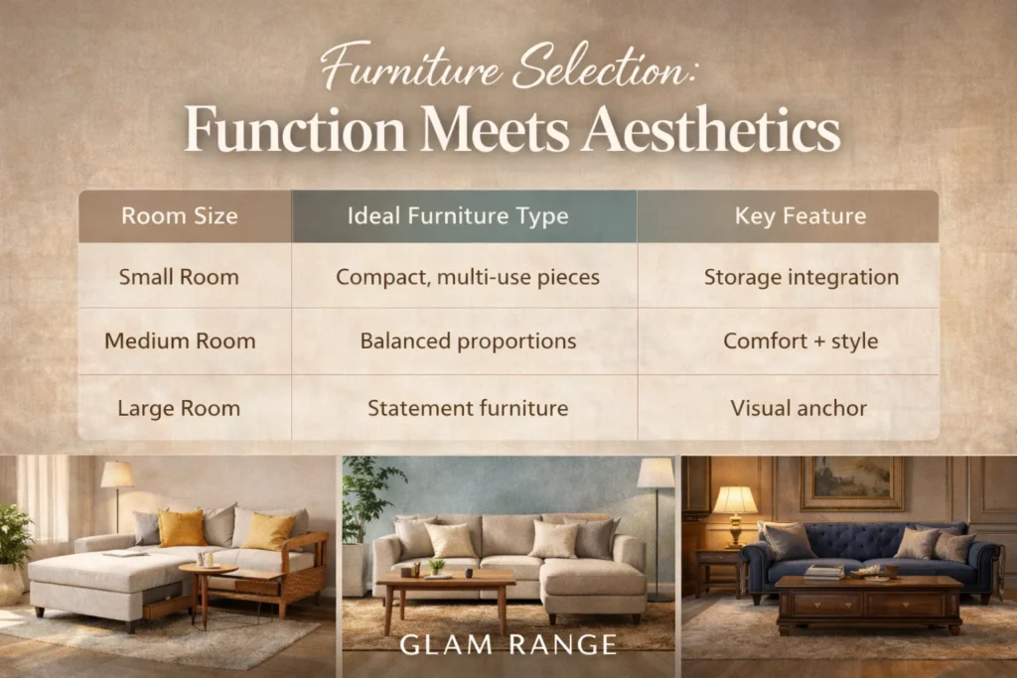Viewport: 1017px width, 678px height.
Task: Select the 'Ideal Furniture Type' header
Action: coord(466,216)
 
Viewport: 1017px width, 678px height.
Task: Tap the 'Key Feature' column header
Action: coord(799,216)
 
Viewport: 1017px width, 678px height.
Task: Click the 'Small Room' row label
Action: coord(179,277)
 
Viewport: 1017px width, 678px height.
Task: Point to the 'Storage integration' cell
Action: coord(800,277)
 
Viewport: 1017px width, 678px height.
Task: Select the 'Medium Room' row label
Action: coord(180,341)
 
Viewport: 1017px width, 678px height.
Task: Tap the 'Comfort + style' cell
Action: coord(800,341)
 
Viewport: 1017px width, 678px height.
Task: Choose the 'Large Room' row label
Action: coord(179,408)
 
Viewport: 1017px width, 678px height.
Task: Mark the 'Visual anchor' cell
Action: coord(799,408)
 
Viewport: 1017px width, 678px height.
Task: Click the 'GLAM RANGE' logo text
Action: coord(508,644)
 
